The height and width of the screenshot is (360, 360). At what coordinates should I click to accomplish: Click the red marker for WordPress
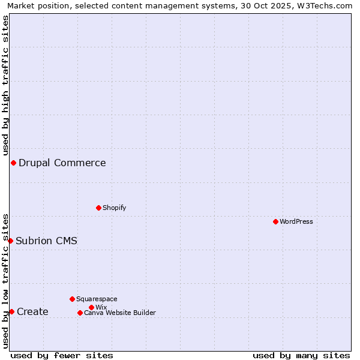point(275,221)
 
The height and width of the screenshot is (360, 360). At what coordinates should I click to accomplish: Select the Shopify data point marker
point(98,208)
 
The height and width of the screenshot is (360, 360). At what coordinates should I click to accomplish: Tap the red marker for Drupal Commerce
point(13,163)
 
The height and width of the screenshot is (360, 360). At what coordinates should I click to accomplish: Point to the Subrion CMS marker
point(10,241)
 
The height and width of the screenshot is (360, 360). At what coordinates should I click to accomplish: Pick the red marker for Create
point(11,311)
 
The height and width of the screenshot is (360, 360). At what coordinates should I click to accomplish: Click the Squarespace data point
point(72,299)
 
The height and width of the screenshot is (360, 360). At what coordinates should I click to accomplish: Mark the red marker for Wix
point(91,307)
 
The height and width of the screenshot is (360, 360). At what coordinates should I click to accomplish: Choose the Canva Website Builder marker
point(80,313)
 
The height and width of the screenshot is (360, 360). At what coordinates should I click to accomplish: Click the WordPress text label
point(296,221)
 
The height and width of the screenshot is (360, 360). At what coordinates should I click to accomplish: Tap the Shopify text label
point(114,208)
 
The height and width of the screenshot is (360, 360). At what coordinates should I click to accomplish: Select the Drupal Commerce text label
point(62,163)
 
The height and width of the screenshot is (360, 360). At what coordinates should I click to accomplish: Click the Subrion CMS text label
point(46,241)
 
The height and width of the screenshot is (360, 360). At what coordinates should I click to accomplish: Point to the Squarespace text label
point(97,299)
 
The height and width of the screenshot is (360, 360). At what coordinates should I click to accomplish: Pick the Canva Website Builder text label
point(120,313)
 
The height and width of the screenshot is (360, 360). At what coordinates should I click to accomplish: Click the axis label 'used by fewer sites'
point(62,355)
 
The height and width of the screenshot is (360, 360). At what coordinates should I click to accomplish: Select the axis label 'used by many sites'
point(301,355)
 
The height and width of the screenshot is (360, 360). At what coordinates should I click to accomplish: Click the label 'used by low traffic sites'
point(6,281)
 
